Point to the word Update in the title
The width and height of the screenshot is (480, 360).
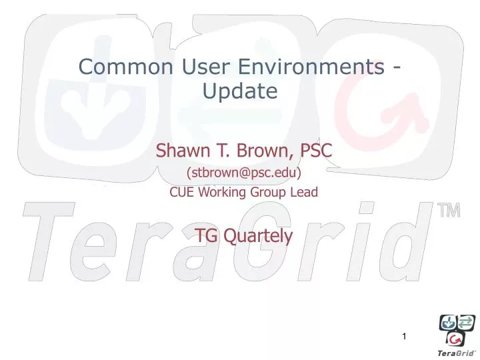tap(239, 90)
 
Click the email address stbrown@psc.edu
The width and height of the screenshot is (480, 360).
tap(243, 173)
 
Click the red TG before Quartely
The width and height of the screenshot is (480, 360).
tap(207, 235)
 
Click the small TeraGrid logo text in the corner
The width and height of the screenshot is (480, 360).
tap(456, 352)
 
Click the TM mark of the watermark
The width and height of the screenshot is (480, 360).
tap(450, 211)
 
